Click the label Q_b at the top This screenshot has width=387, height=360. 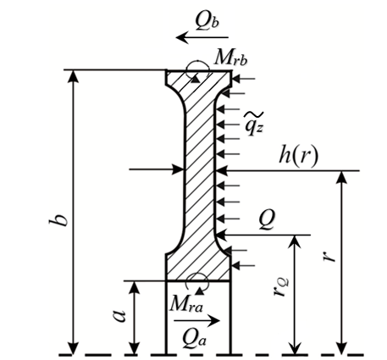coord(207,21)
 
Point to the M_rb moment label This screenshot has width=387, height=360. coord(231,58)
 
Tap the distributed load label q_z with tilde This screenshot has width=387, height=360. coord(253,124)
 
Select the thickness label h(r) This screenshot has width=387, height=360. coord(298,155)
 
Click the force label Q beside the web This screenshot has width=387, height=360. coord(267,219)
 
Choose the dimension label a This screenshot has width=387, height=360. coord(119,316)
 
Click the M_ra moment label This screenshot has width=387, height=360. coord(186,304)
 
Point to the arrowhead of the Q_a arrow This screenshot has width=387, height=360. coord(214,321)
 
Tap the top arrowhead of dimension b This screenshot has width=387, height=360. coord(74,75)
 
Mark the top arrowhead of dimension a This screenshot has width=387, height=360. coord(135,287)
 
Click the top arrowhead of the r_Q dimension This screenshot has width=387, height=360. coord(295,241)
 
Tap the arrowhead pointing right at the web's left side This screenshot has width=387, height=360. coord(179,169)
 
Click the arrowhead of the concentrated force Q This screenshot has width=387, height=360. coord(222,235)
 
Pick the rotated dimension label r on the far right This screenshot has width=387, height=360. coord(329,256)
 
